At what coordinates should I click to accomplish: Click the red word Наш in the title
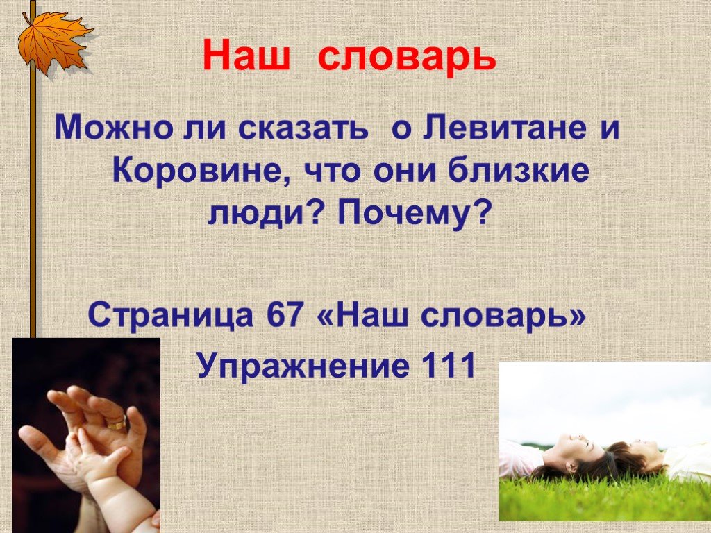[x=246, y=56]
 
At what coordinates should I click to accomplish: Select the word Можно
[x=113, y=128]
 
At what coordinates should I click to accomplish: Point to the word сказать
[x=303, y=128]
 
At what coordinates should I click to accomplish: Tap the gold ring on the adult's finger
[x=117, y=423]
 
